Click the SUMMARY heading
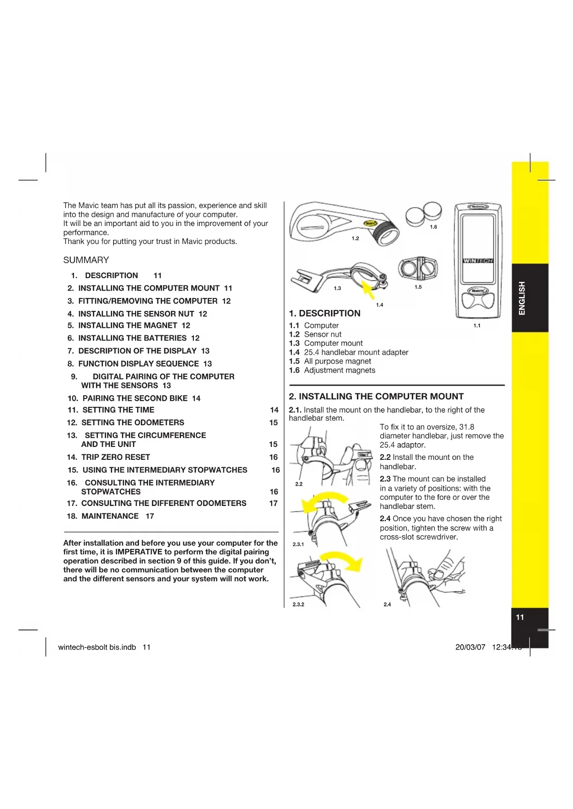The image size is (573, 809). tap(86, 260)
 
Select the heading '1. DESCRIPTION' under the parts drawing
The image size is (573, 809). tap(325, 314)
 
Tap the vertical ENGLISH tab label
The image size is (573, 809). tap(522, 298)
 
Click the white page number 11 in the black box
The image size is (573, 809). tap(520, 618)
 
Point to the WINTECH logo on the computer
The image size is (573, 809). tap(478, 261)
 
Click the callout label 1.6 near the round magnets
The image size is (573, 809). tap(433, 227)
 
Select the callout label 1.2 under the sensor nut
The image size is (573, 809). tap(355, 238)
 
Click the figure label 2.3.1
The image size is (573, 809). tap(298, 544)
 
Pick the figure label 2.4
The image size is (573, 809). tap(387, 604)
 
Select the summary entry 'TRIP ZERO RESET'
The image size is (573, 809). tap(115, 457)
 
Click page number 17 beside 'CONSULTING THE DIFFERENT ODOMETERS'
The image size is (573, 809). tap(273, 503)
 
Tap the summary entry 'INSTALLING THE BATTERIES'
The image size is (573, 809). tap(133, 338)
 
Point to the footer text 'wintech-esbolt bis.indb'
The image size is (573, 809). tap(97, 647)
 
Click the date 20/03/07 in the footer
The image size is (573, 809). tap(470, 647)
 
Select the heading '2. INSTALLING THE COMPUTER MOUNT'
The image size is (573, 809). tap(376, 397)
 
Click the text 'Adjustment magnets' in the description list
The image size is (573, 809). tap(339, 370)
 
